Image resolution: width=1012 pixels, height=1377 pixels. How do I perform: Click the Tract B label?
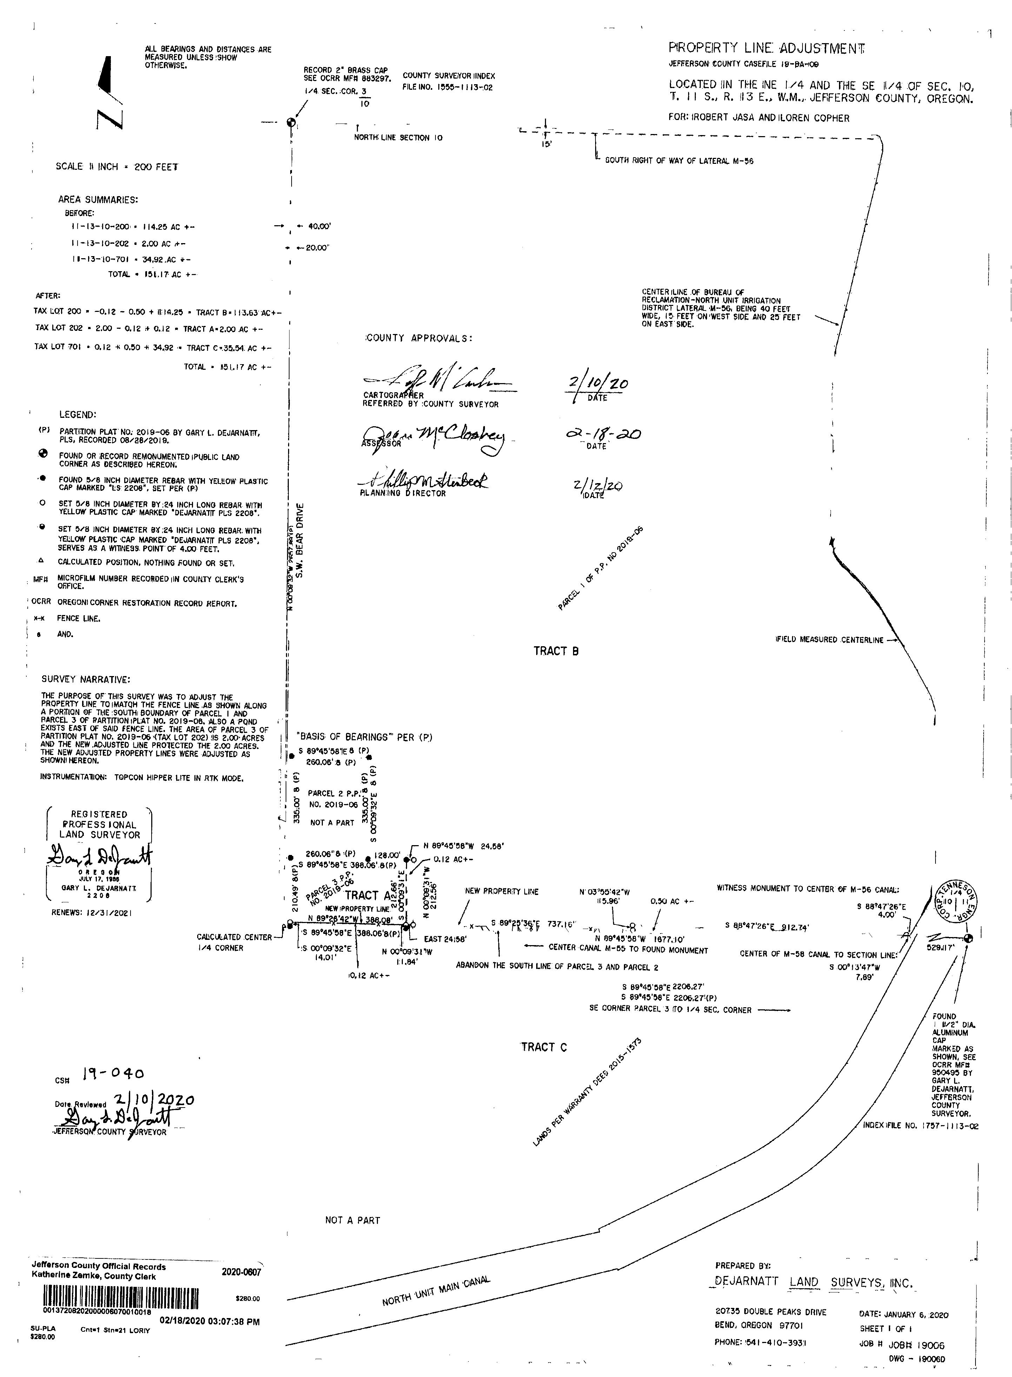[x=555, y=651]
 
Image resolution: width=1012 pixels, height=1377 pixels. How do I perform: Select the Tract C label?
[x=543, y=1047]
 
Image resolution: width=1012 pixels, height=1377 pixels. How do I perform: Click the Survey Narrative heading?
[x=85, y=679]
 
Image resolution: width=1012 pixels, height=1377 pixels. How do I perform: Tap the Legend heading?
[x=78, y=415]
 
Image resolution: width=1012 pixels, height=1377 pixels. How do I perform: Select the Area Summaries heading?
[x=98, y=200]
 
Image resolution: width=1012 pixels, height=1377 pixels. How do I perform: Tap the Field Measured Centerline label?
[x=830, y=640]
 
